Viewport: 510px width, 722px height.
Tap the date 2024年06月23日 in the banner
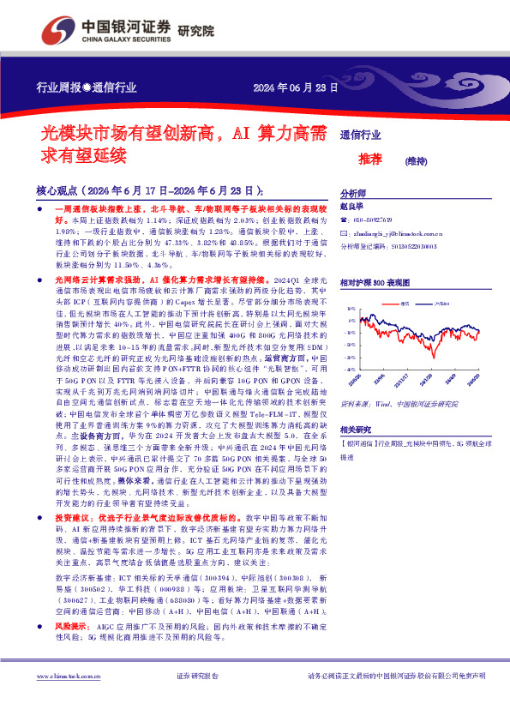click(x=285, y=89)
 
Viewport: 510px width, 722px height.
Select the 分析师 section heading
click(x=353, y=194)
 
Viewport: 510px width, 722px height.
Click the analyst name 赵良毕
click(x=352, y=208)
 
